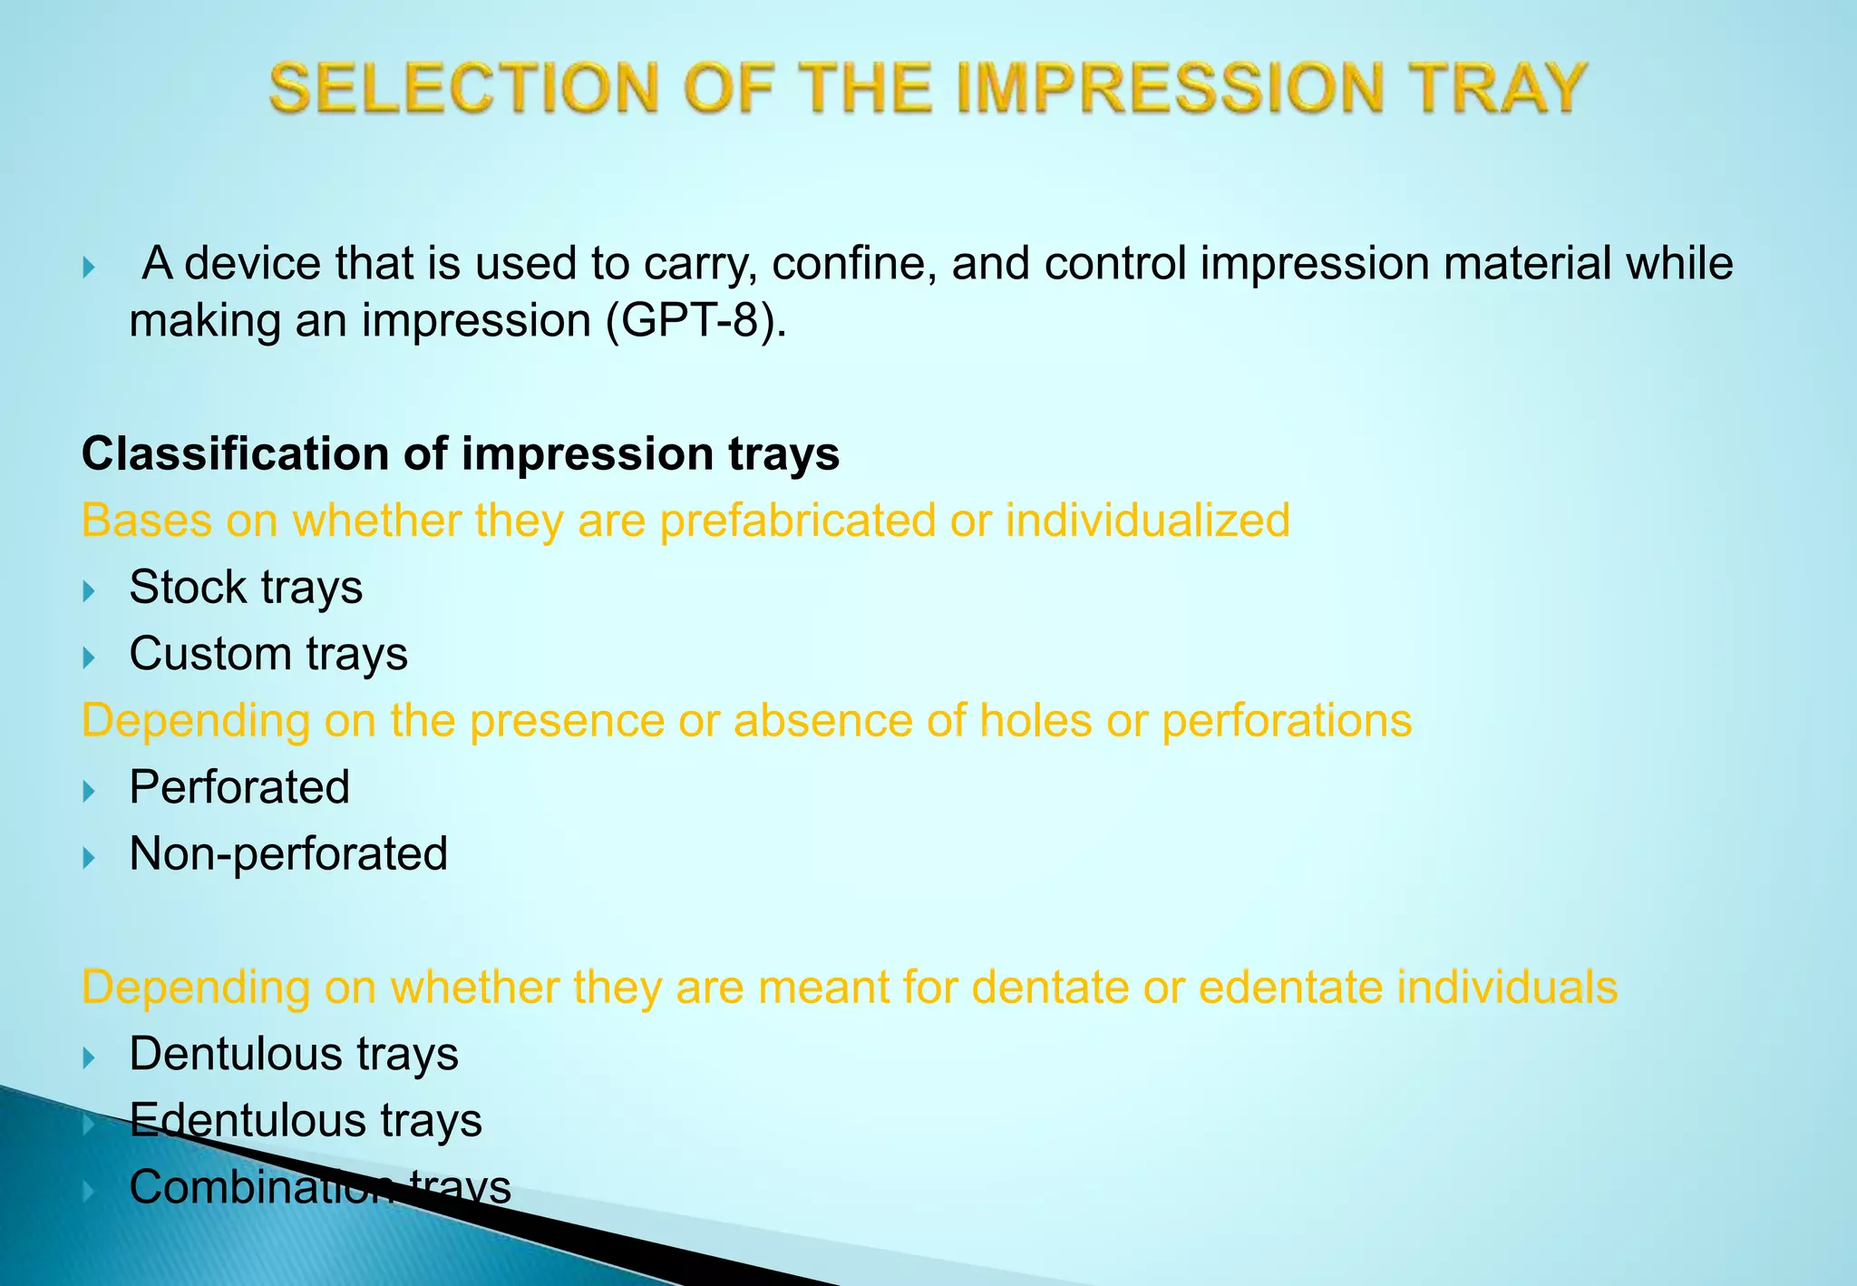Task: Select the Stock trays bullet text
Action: pos(246,587)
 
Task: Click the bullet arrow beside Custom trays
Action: pos(89,658)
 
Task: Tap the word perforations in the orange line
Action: pos(1287,721)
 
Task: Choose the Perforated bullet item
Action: pos(239,787)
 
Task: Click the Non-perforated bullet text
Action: pos(288,854)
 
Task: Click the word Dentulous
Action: pos(234,1054)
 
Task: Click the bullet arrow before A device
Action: pos(89,268)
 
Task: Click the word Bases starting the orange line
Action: pos(146,521)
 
